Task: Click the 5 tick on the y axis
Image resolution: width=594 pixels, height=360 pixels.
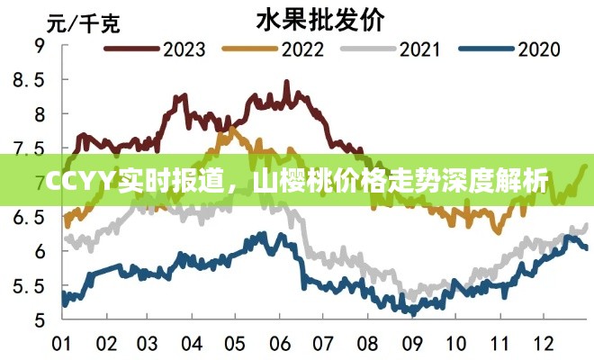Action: [x=40, y=320]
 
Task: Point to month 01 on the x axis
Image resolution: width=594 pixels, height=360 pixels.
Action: [x=62, y=345]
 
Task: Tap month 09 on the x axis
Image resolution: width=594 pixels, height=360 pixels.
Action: [x=413, y=345]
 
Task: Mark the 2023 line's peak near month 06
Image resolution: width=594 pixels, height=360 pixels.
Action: [x=286, y=82]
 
